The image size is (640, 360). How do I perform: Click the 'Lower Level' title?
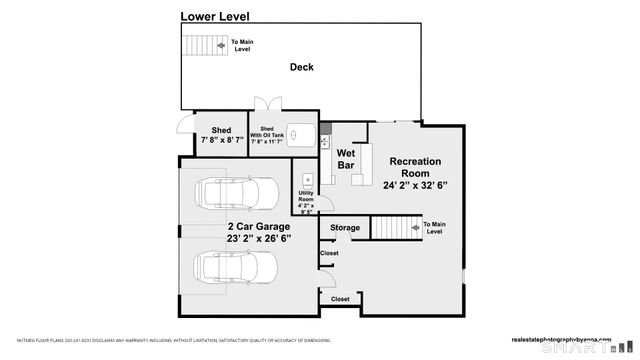pos(215,16)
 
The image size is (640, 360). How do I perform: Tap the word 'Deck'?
pos(301,68)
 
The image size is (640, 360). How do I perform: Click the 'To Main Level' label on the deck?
pos(241,45)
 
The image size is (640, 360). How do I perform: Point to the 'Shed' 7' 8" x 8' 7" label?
pos(222,135)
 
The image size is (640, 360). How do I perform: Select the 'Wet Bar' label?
pos(346,159)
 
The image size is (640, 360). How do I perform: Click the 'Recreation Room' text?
pos(414,167)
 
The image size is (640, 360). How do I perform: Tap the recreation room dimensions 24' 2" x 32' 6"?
pos(414,185)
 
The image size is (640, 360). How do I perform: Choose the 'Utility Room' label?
pos(305,199)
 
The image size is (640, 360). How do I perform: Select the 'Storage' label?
pos(345,228)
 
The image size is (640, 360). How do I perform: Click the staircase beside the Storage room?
pos(394,228)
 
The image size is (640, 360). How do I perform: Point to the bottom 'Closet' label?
pos(340,299)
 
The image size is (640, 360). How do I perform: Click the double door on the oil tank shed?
pos(265,106)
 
